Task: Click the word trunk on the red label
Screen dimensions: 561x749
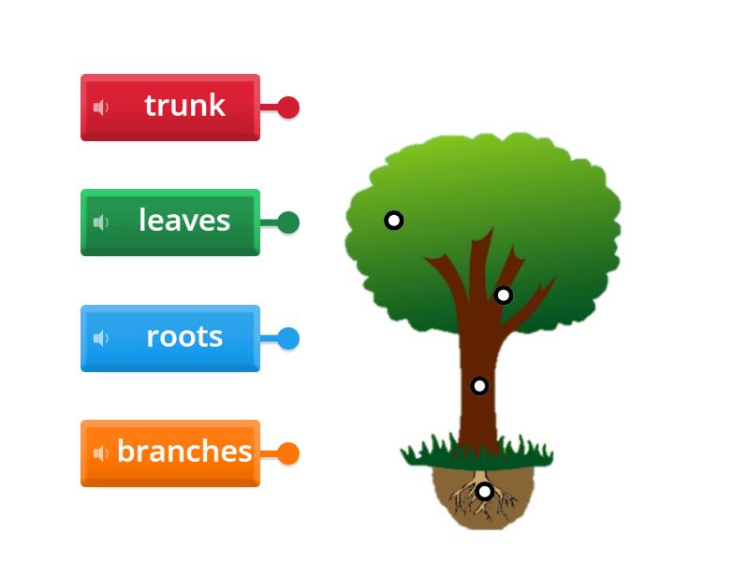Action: [184, 106]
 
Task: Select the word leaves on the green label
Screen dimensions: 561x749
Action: [184, 221]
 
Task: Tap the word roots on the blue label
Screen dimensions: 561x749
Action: [184, 337]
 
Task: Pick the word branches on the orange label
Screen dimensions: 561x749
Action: [184, 452]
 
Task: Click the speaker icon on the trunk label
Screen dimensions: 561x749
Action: [101, 108]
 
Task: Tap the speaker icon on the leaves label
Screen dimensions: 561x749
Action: [101, 223]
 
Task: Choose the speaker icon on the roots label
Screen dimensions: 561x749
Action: [101, 338]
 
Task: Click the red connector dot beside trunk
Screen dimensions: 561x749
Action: [288, 108]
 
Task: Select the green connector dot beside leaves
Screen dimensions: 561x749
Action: [288, 223]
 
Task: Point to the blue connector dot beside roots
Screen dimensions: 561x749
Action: [288, 338]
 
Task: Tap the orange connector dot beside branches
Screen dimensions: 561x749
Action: [288, 453]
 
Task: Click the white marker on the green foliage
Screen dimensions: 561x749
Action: [394, 221]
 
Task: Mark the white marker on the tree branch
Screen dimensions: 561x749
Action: [504, 295]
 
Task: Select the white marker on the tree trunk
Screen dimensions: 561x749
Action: [479, 385]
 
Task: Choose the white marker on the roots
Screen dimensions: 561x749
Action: [484, 491]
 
